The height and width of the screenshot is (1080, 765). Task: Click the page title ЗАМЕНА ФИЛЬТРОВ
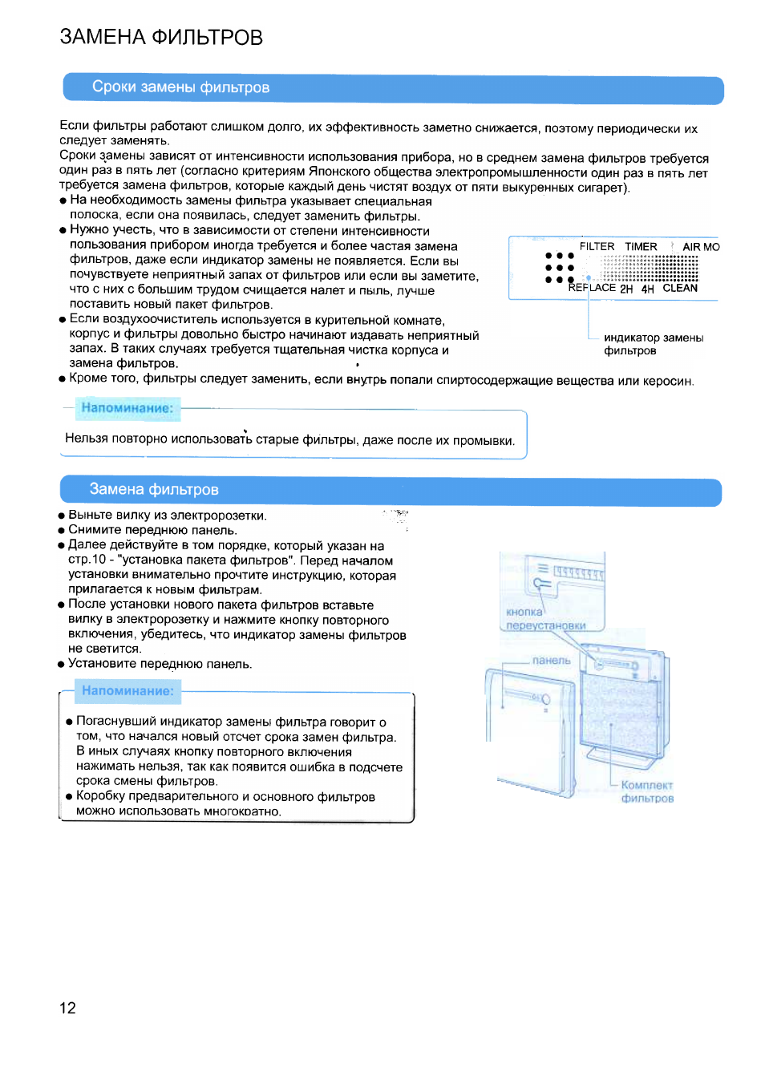point(161,37)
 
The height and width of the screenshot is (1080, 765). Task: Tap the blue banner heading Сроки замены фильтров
point(180,87)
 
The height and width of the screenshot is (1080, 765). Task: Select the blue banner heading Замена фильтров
point(153,490)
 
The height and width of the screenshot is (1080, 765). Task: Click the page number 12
point(67,1008)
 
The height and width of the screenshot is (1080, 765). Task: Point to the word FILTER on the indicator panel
point(597,246)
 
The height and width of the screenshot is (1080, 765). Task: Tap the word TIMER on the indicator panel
point(641,246)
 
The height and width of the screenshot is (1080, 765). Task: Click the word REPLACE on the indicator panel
point(593,288)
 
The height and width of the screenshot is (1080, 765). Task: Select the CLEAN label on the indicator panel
point(680,288)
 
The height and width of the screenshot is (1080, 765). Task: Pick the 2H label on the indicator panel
point(626,289)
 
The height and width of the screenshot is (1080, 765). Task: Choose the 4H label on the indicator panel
point(647,289)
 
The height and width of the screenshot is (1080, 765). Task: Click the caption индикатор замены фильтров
point(653,344)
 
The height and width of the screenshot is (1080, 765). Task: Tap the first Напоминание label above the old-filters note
point(127,408)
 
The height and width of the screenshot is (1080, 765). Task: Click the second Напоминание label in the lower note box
point(127,691)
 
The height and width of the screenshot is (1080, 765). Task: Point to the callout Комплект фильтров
point(647,791)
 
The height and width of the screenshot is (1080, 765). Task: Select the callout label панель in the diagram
point(551,661)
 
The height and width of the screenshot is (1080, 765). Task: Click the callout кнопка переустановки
point(545,619)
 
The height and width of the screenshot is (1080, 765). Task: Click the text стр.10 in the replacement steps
point(87,560)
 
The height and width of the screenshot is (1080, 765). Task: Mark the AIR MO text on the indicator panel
point(701,247)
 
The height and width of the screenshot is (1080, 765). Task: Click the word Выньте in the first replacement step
point(88,516)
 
